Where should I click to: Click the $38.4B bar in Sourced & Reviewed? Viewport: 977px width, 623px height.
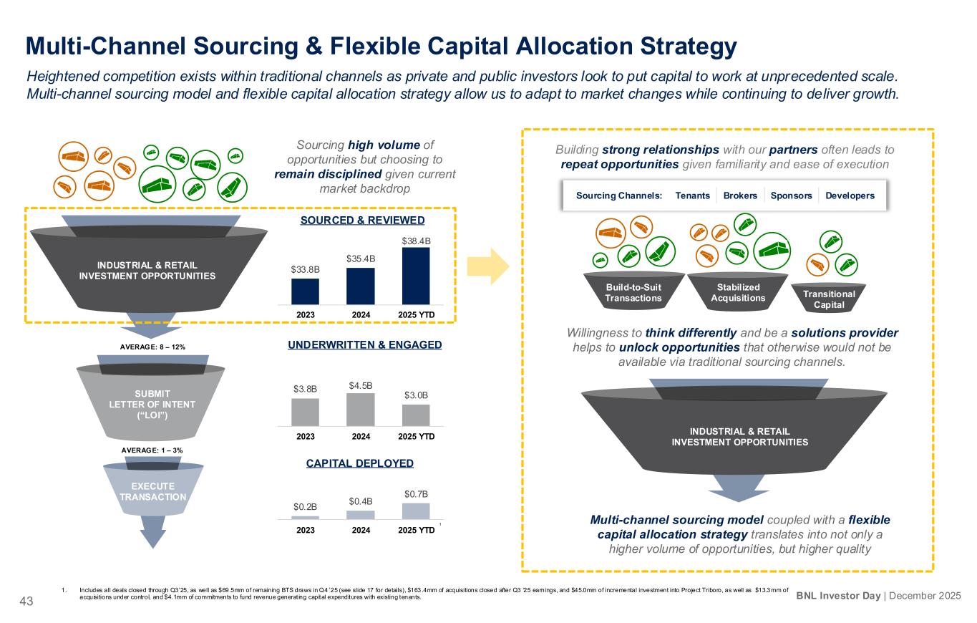pos(416,275)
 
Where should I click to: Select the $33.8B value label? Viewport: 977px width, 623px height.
pos(305,269)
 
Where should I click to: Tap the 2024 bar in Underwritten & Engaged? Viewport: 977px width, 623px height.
pos(360,409)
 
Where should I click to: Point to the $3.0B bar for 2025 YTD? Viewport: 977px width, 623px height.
pos(416,415)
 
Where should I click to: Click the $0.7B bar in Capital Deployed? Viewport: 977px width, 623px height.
pos(416,510)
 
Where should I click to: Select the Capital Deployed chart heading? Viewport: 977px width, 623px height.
pos(360,463)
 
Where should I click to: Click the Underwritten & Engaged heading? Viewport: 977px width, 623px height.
pos(360,345)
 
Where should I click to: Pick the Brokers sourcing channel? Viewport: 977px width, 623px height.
pos(740,195)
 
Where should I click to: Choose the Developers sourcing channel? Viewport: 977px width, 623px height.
pos(850,195)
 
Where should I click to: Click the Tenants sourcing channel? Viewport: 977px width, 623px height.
pos(693,195)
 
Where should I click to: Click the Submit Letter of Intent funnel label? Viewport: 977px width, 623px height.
pos(152,405)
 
